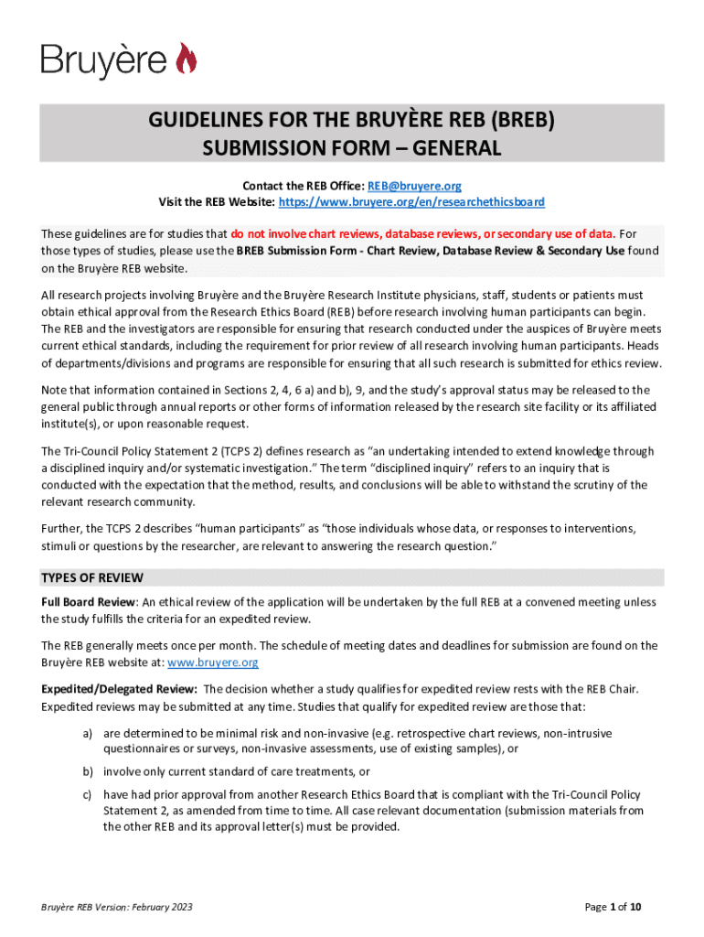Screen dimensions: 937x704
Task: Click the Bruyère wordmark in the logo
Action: pyautogui.click(x=103, y=61)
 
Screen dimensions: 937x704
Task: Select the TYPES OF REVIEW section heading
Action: pyautogui.click(x=92, y=578)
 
